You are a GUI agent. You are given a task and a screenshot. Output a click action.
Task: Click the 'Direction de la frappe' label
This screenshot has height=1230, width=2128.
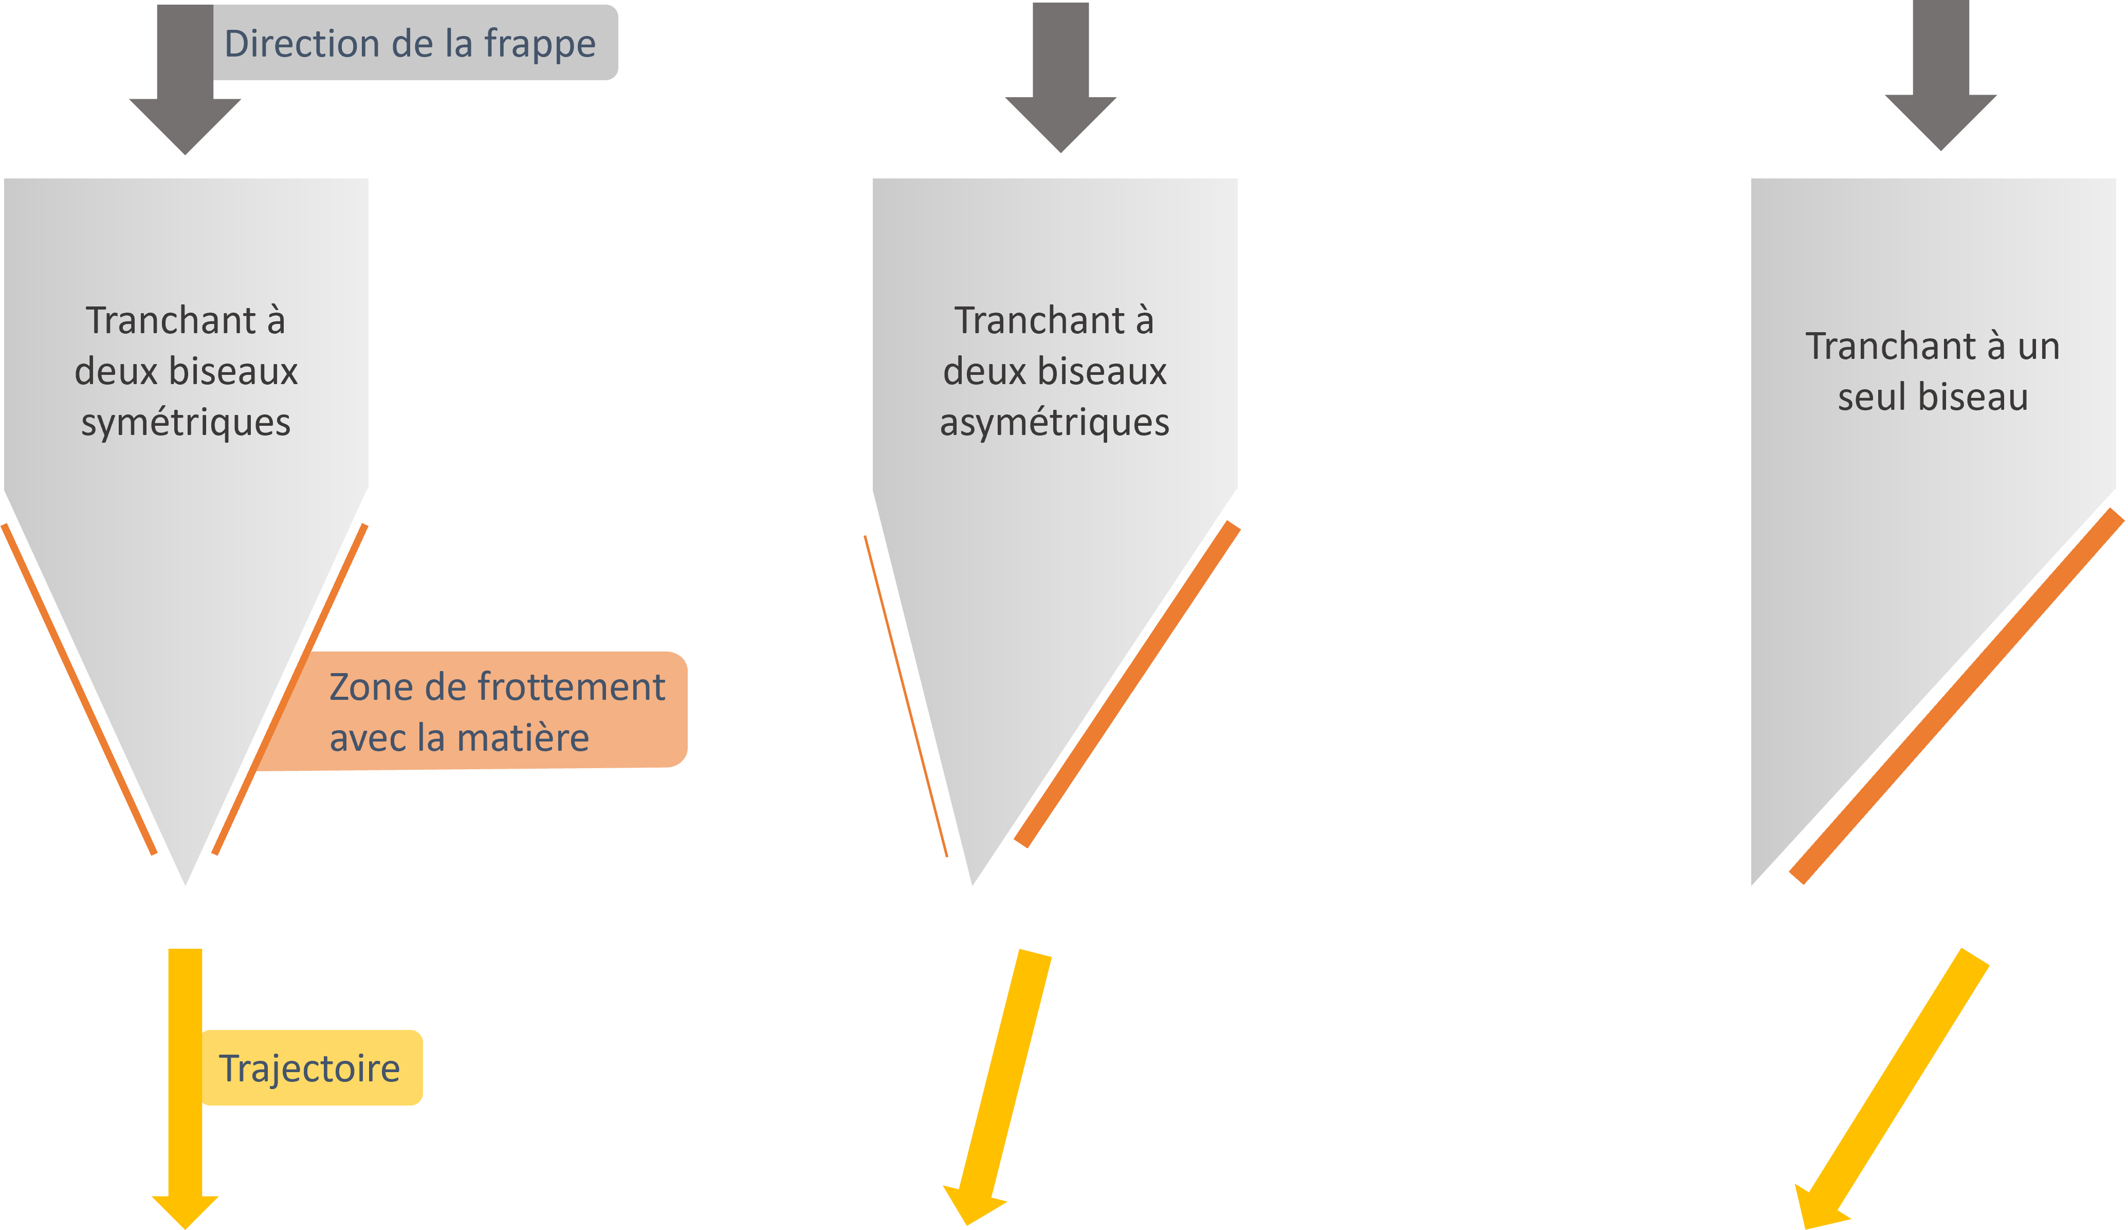point(410,43)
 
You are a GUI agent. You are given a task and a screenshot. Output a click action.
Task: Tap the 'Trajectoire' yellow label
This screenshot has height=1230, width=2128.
point(310,1069)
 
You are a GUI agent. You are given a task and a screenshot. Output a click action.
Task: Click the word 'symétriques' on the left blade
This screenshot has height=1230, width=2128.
point(186,422)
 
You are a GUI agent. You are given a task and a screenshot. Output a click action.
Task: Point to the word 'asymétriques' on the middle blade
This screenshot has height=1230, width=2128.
point(1055,422)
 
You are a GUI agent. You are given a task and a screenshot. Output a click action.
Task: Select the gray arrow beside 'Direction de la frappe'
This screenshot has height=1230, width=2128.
point(185,84)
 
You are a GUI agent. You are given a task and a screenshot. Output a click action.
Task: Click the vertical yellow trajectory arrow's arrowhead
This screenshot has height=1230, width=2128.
point(185,1210)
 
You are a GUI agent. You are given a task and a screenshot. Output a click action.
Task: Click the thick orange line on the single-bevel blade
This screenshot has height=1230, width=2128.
point(1956,697)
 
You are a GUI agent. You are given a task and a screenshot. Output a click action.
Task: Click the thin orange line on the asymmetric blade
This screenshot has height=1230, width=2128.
point(905,697)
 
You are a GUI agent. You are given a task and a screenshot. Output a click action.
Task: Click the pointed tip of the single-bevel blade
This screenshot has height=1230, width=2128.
point(1751,887)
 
